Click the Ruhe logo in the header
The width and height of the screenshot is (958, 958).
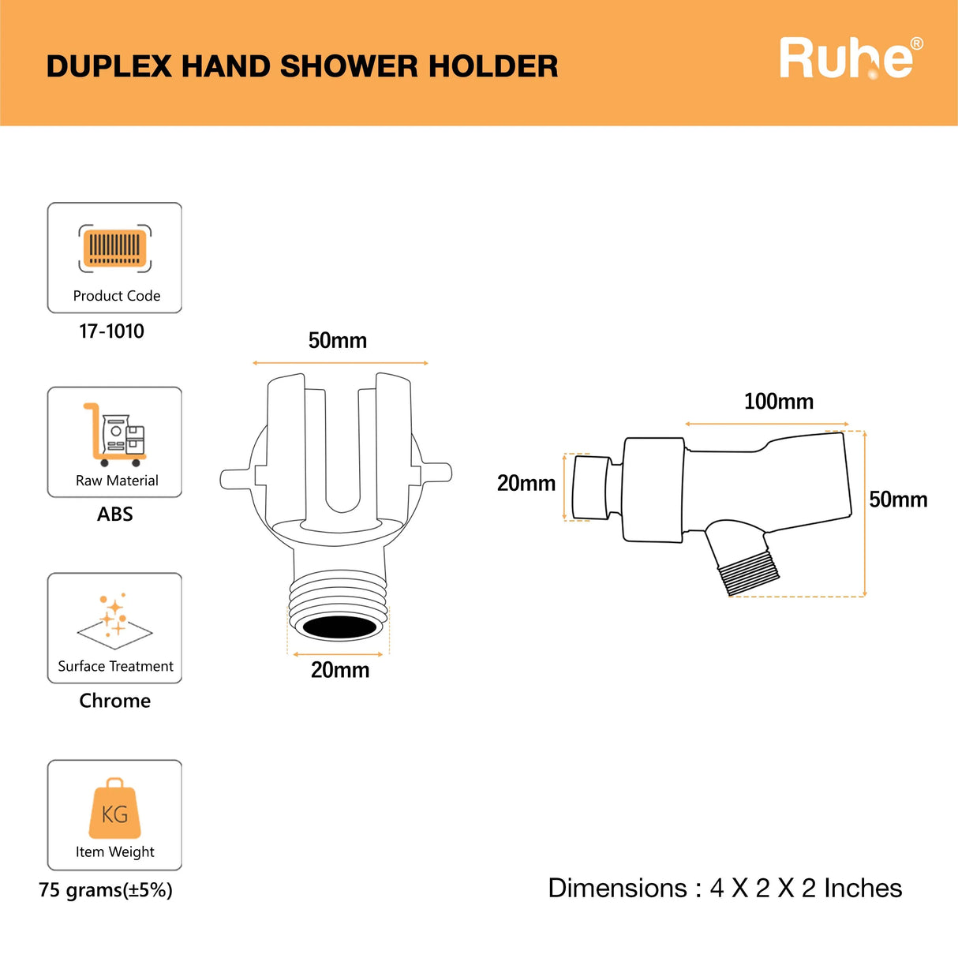click(851, 58)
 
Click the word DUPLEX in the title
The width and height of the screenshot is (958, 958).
click(109, 66)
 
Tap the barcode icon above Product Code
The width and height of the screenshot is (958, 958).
click(115, 248)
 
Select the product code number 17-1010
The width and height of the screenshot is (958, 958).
click(112, 331)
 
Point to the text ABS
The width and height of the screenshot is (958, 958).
click(115, 514)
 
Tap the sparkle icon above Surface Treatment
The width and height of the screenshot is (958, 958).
click(115, 620)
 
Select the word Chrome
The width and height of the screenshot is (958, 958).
click(115, 701)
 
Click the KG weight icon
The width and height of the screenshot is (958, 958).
click(115, 808)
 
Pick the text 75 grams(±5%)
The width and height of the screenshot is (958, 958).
click(106, 890)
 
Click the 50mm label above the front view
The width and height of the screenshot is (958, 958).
click(338, 341)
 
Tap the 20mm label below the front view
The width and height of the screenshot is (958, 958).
click(340, 670)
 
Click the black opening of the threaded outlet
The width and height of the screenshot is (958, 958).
click(340, 627)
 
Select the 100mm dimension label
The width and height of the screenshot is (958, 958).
click(779, 402)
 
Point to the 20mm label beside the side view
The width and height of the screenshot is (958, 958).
click(526, 483)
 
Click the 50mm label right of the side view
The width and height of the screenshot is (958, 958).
click(898, 500)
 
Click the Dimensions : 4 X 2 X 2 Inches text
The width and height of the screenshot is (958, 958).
click(725, 889)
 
